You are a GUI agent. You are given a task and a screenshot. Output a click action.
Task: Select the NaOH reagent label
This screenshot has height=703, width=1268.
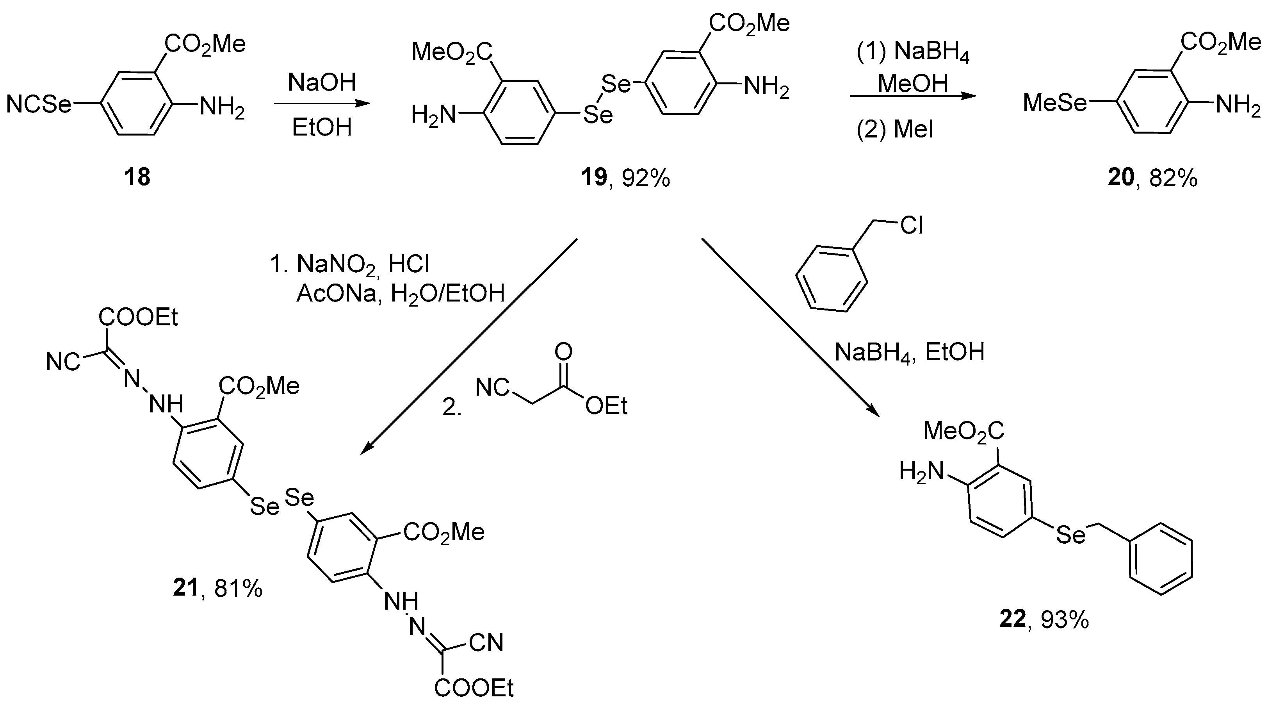coord(322,82)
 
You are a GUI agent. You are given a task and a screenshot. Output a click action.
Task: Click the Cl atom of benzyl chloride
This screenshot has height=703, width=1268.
coord(911,226)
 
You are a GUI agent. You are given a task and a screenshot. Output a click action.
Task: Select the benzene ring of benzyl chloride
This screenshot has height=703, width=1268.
coord(832,279)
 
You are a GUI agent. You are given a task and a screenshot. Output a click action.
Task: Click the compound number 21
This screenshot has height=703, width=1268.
coord(185,588)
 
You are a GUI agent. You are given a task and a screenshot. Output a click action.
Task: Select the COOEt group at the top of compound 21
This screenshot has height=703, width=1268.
coord(138,318)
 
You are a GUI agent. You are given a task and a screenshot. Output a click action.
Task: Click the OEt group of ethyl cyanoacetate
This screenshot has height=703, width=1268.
coord(606,407)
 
